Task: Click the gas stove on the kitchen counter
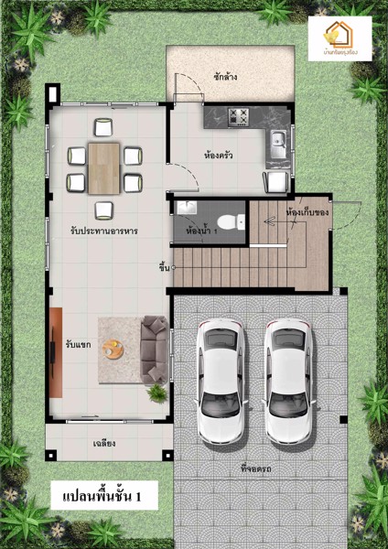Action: pos(240,116)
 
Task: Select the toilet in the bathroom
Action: pos(239,221)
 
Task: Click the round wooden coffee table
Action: pos(114,348)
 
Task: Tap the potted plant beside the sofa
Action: pos(158,392)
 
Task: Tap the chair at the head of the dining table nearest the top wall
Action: pos(103,128)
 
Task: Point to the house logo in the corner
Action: pos(339,36)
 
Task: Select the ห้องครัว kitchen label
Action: pos(217,156)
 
